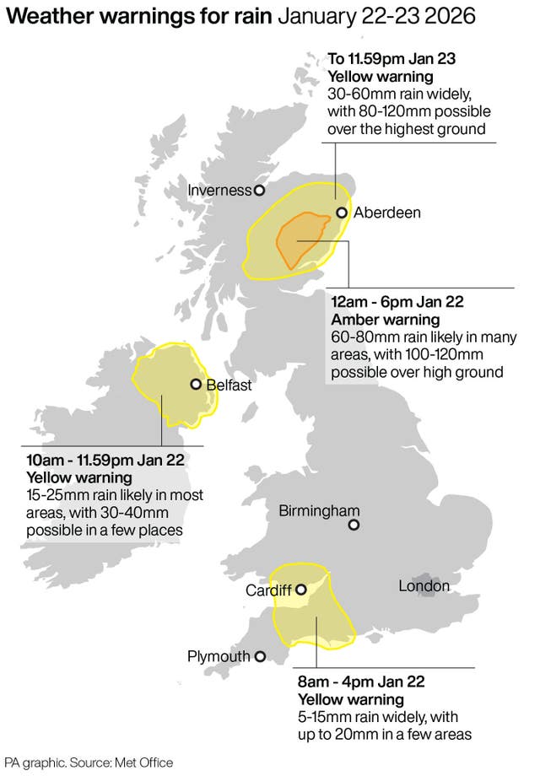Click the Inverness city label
coord(219,191)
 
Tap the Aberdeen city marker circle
coord(342,213)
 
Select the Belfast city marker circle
coord(196,385)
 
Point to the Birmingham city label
coord(320,510)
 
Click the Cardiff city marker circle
coord(300,590)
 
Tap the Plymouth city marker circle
coord(261,655)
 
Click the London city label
coord(424,585)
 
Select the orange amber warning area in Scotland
coord(300,240)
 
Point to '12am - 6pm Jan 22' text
coord(397,302)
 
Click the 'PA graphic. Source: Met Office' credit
coord(89,762)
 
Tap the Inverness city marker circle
coord(260,191)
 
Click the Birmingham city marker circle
coord(354,525)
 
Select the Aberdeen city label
coord(386,213)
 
